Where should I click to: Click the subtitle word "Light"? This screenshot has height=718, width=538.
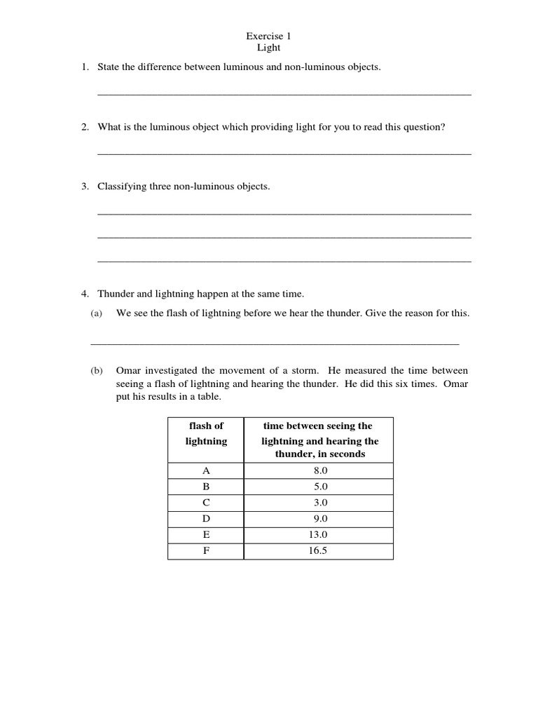click(268, 48)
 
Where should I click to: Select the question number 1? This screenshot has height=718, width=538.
click(84, 67)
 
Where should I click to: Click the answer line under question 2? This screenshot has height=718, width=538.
click(284, 153)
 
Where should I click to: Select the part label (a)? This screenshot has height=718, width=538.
click(97, 313)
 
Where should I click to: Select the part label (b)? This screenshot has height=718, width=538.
click(97, 370)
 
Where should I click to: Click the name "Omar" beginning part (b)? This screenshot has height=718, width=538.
click(130, 370)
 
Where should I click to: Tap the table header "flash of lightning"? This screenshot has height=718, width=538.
click(206, 433)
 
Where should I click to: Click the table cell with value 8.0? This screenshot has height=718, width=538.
click(320, 471)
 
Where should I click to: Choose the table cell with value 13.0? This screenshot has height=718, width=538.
click(320, 535)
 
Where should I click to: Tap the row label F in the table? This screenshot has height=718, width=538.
click(206, 551)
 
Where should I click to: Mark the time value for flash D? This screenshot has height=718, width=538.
click(320, 520)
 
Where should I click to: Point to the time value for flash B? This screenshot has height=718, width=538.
click(320, 487)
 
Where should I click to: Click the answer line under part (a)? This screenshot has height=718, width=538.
click(275, 343)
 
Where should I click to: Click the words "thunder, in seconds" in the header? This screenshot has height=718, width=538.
click(319, 454)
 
